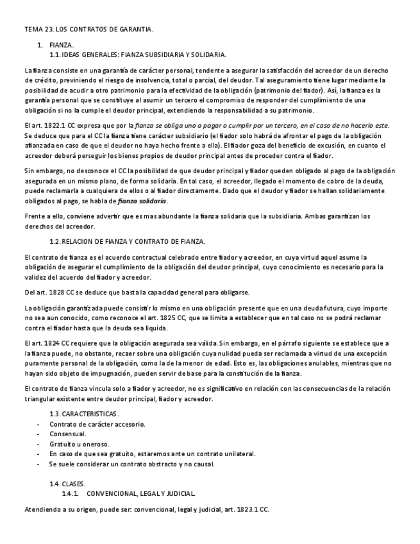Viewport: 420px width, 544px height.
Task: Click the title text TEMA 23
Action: coord(38,30)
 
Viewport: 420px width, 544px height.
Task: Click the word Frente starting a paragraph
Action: coord(35,216)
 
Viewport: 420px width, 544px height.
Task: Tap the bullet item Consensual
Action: coord(67,434)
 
